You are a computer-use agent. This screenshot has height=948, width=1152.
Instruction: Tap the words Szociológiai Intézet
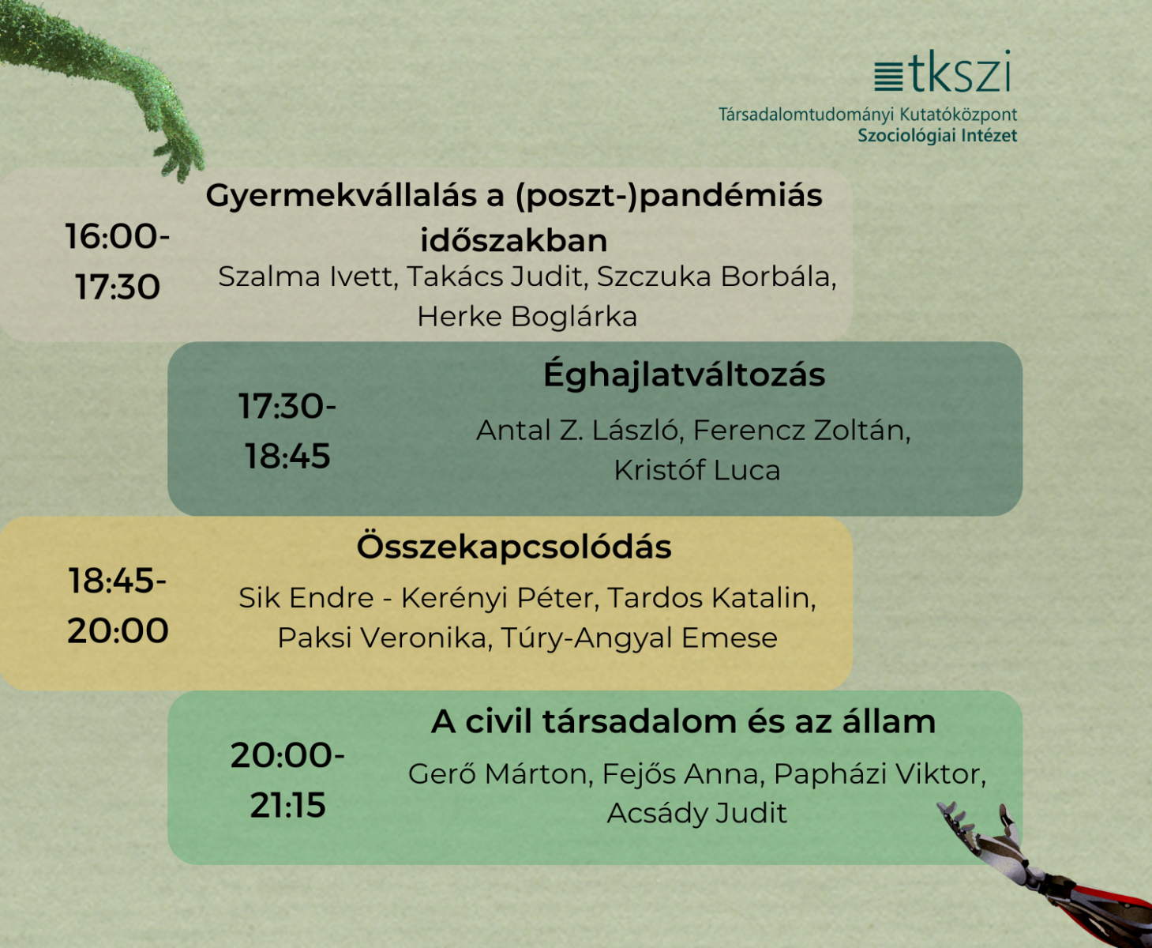tap(937, 135)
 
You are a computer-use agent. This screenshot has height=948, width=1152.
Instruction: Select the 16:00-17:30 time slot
tap(118, 261)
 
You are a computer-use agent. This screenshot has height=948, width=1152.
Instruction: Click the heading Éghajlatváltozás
tap(684, 374)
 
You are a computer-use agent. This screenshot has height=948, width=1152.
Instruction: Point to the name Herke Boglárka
tap(527, 316)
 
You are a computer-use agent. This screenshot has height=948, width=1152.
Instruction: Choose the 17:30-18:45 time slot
tap(287, 431)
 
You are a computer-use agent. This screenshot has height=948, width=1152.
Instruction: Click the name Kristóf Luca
tap(697, 470)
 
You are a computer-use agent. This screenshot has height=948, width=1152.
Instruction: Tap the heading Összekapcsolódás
tap(514, 546)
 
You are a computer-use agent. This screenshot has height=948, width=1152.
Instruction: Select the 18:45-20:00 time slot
tap(118, 605)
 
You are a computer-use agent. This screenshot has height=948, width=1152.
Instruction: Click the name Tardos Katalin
tap(711, 597)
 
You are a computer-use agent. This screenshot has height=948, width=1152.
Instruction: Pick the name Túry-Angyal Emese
tap(639, 638)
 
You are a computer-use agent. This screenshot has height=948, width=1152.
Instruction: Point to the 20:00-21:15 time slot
tap(287, 780)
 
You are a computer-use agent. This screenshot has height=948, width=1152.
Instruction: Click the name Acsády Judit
tap(696, 812)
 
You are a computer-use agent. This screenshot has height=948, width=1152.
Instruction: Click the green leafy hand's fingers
tap(180, 159)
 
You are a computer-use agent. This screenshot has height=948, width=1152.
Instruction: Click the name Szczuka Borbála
tap(716, 276)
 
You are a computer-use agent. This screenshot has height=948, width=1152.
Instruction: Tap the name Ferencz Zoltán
tap(801, 430)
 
